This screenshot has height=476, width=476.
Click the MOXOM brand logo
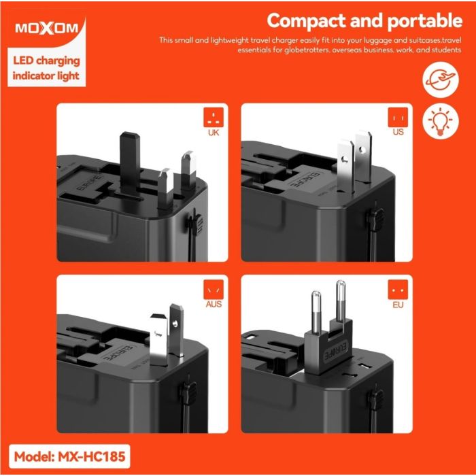pos(47,29)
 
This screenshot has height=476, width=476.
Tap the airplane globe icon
pos(441,80)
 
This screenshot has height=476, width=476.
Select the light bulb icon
pos(441,121)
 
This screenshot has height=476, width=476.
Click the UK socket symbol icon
pos(214,117)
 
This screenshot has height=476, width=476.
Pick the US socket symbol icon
pos(398,118)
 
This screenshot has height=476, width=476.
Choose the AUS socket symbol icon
pos(214,290)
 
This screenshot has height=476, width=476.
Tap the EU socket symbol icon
pos(398,290)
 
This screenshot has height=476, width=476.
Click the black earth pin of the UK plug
pos(130,164)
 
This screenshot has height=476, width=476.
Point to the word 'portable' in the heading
pos(425,21)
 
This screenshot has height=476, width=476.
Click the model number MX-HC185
pos(91,456)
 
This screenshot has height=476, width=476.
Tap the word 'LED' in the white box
pos(22,61)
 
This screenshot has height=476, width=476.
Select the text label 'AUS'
pos(214,304)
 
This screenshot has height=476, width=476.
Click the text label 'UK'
pos(214,133)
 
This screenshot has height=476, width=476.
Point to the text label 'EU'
pos(398,305)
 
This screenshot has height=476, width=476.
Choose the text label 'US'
pos(398,132)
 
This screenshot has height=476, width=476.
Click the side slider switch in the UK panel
pos(195,224)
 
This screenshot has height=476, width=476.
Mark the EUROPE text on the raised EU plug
pos(337,350)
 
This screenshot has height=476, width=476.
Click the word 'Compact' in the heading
pos(306,21)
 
